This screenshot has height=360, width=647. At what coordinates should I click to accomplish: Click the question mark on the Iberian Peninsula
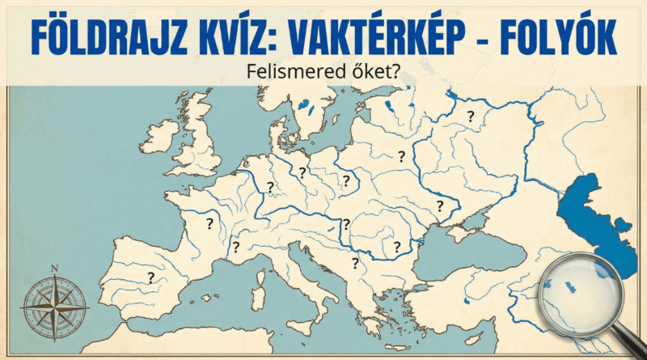click(150, 277)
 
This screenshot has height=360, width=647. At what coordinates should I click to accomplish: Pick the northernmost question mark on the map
click(470, 116)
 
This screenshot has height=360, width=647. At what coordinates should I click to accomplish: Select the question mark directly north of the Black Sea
click(440, 205)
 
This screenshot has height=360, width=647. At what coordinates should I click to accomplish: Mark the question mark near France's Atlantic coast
click(209, 222)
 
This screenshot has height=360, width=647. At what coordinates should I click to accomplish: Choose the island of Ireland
click(159, 135)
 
